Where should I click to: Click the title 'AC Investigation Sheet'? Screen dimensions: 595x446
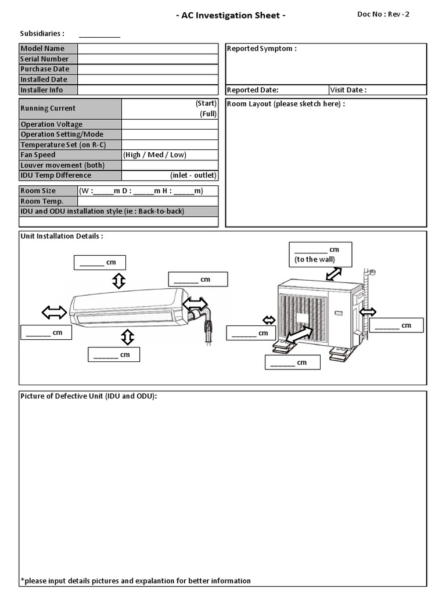(x=231, y=16)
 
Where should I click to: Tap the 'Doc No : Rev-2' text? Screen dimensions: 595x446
(x=383, y=15)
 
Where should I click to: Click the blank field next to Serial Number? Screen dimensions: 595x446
(x=148, y=59)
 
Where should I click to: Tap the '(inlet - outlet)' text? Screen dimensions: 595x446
(x=193, y=175)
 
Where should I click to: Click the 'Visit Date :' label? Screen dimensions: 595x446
(x=348, y=90)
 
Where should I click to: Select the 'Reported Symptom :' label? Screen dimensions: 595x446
(x=262, y=49)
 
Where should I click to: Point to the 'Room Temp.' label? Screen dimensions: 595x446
(x=42, y=202)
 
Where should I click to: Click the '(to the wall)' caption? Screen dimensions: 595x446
(x=315, y=260)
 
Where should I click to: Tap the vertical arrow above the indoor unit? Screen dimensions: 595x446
(x=118, y=281)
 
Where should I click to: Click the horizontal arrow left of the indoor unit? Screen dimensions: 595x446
(x=54, y=313)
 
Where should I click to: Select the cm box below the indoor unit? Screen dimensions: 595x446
(x=114, y=354)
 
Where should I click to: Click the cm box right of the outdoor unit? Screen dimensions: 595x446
(x=397, y=325)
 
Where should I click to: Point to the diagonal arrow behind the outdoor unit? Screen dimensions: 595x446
(x=334, y=273)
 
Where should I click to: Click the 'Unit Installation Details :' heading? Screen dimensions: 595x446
(x=62, y=236)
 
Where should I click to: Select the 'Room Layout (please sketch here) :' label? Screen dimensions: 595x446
(x=286, y=104)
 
